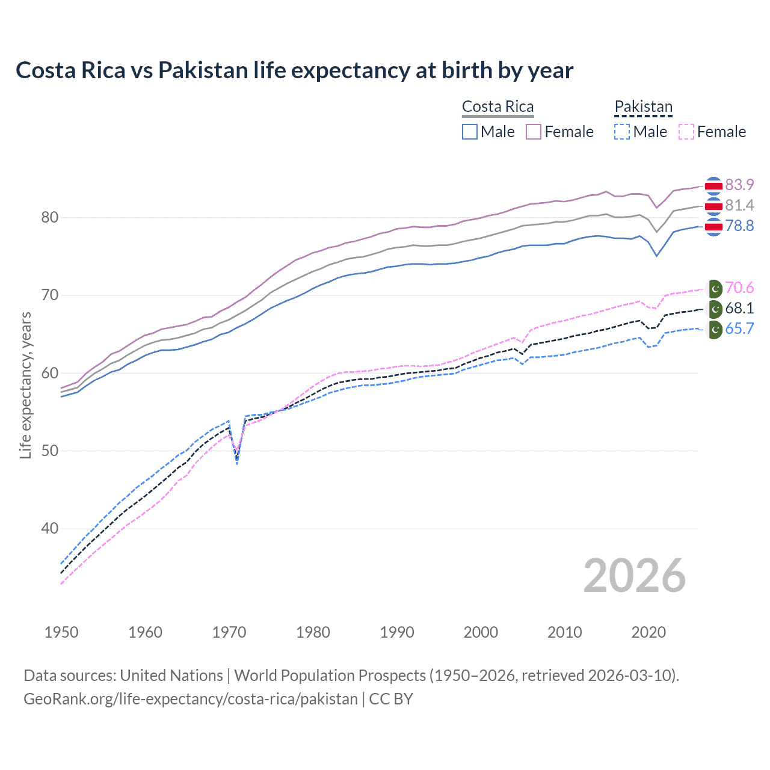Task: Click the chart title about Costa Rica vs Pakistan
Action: [294, 70]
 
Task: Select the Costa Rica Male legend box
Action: [470, 132]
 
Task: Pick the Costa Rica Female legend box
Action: [534, 132]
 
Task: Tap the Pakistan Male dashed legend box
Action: [622, 132]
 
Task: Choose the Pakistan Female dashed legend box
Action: [686, 132]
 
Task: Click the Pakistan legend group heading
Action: [643, 107]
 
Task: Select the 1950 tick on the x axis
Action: [61, 632]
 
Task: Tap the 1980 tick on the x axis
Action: [313, 632]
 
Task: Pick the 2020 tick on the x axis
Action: [648, 632]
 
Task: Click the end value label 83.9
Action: [739, 185]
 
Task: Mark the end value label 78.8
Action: [739, 226]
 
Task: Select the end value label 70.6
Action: [739, 288]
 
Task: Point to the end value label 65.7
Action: [739, 328]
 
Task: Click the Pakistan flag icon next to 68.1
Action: [714, 309]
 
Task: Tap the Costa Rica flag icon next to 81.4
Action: [713, 206]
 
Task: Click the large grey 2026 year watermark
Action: [634, 576]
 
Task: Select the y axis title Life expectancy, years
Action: [26, 385]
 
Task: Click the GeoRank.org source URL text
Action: [191, 699]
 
